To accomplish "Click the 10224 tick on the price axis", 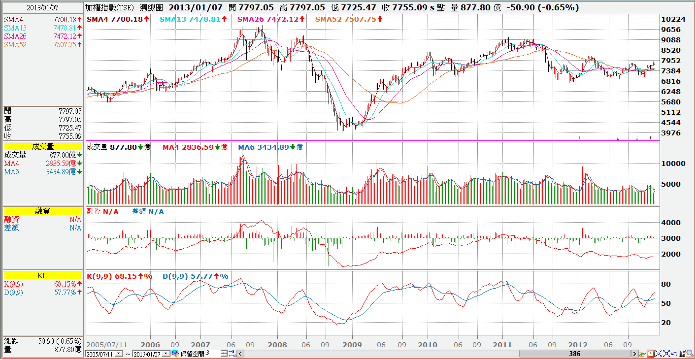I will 674,19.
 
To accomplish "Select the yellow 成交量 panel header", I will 43,146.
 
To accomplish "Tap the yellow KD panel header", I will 43,276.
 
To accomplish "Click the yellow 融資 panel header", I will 43,211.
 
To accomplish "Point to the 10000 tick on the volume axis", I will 674,164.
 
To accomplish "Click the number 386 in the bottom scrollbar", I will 574,354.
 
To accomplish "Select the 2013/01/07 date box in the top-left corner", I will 43,8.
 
